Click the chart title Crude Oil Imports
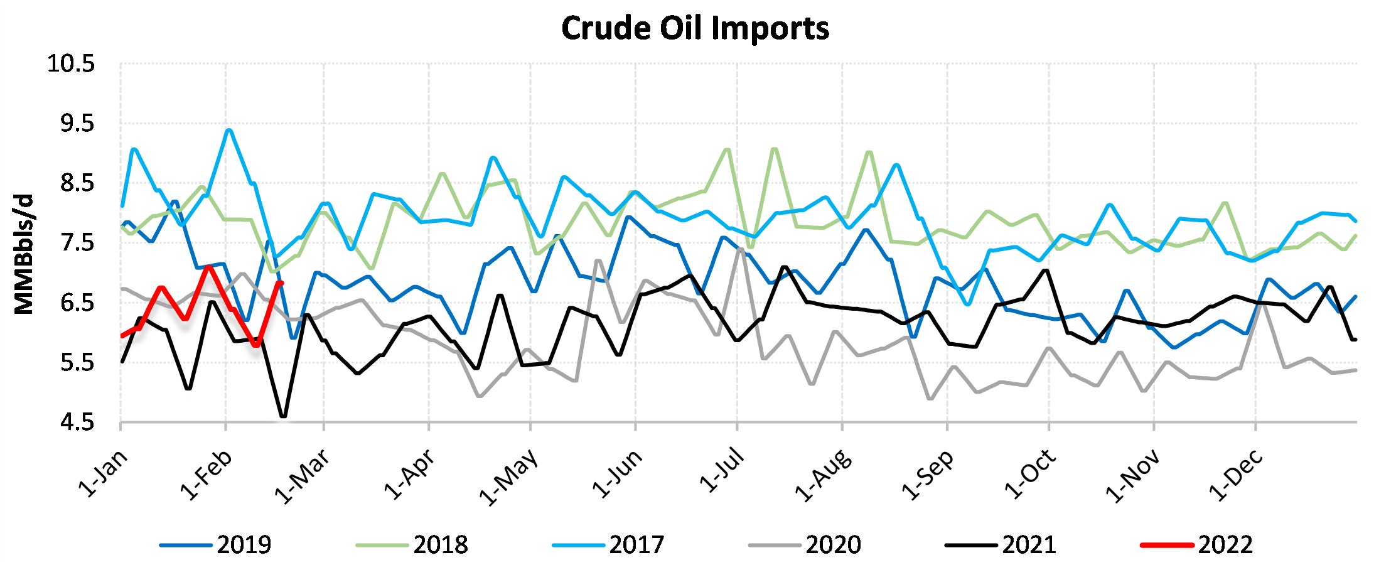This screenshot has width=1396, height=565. click(695, 29)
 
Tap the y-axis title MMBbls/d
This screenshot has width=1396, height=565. click(24, 254)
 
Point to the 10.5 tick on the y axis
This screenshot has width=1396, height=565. click(71, 63)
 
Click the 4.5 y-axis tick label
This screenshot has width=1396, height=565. click(77, 422)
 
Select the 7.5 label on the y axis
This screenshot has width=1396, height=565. click(77, 243)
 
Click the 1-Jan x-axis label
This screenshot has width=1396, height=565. click(102, 474)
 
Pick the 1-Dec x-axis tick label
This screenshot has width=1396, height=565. click(1235, 475)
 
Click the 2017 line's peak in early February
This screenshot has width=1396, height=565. click(229, 130)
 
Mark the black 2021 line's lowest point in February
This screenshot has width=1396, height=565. click(283, 416)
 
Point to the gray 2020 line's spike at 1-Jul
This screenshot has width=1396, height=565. click(741, 249)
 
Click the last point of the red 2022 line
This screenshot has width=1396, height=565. click(281, 283)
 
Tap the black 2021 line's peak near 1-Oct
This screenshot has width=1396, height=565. click(1046, 270)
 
